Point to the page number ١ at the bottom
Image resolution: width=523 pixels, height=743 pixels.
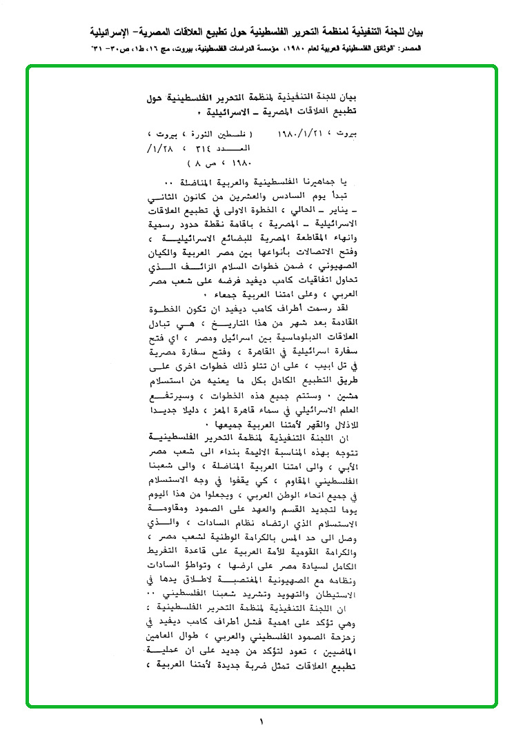[x=261, y=722]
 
